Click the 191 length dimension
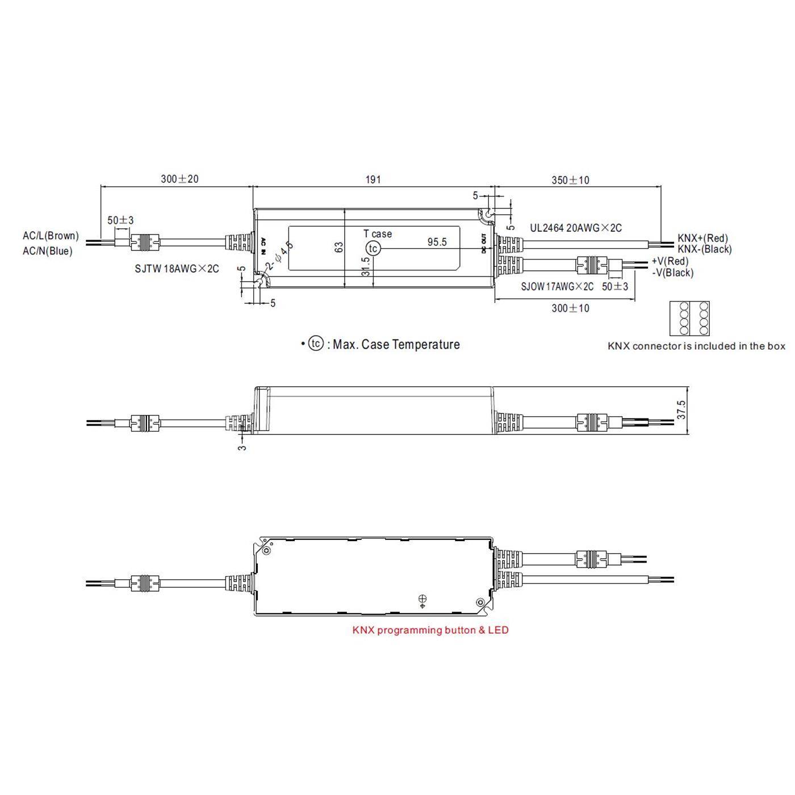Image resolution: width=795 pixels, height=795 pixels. coord(373,179)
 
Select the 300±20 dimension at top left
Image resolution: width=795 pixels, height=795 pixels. coord(179,179)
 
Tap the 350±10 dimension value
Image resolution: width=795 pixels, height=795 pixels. coord(570,180)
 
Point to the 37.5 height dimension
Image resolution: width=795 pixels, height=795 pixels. coord(681,409)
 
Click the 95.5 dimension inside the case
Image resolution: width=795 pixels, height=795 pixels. coord(437,242)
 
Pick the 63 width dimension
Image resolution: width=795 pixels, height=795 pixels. coord(339,248)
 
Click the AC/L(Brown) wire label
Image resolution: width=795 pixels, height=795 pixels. coord(51,236)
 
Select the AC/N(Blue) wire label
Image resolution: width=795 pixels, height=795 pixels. coord(48,251)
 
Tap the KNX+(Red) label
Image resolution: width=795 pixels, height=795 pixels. coord(702,238)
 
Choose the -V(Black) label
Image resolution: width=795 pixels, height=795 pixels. coord(673,273)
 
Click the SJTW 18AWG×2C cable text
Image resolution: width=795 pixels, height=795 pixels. coord(177,269)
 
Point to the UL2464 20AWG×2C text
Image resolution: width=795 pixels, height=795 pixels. coord(576,228)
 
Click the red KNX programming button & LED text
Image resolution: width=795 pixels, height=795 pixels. coord(430,630)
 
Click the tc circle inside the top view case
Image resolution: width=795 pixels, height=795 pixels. coord(373,249)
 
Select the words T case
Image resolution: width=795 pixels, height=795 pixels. coord(378,233)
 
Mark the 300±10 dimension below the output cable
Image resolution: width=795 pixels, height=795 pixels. coord(570,308)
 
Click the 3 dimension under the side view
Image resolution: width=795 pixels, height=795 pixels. coord(242,447)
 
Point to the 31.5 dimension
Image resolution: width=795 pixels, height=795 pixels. coord(366,266)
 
